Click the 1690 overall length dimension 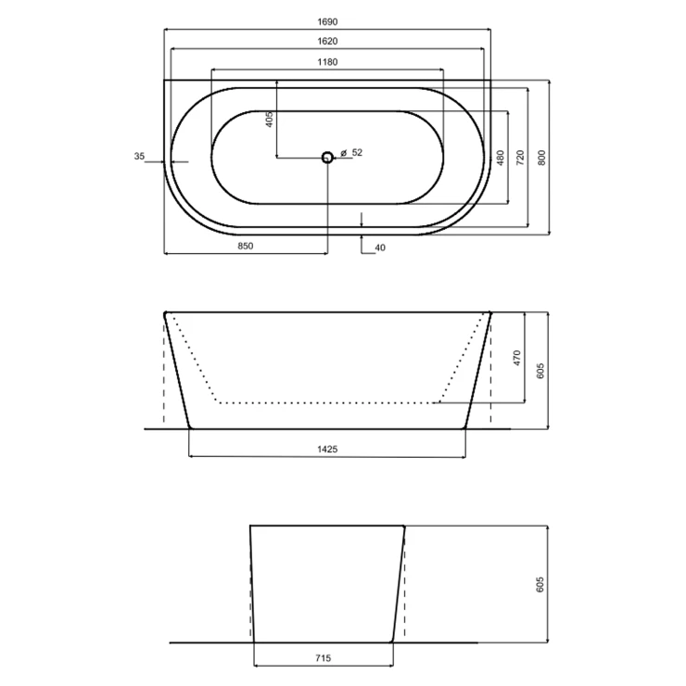[327, 22]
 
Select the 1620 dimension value [327, 41]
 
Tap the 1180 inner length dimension [327, 62]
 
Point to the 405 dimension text [269, 120]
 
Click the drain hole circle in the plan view [327, 157]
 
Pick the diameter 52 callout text [351, 153]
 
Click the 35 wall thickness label [139, 156]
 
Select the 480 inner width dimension [501, 158]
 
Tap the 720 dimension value [520, 158]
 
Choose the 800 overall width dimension [541, 158]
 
